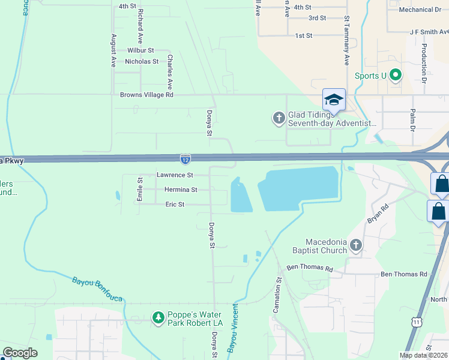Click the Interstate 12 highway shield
(185, 159)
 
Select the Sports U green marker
(395, 76)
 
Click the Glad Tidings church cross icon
(279, 118)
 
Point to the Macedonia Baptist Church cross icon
(356, 245)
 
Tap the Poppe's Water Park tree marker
(158, 317)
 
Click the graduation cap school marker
(334, 99)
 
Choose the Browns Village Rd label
(146, 95)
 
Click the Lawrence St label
(175, 175)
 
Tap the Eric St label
(175, 205)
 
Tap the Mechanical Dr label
(420, 10)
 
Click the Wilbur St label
(140, 50)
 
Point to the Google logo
(20, 353)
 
